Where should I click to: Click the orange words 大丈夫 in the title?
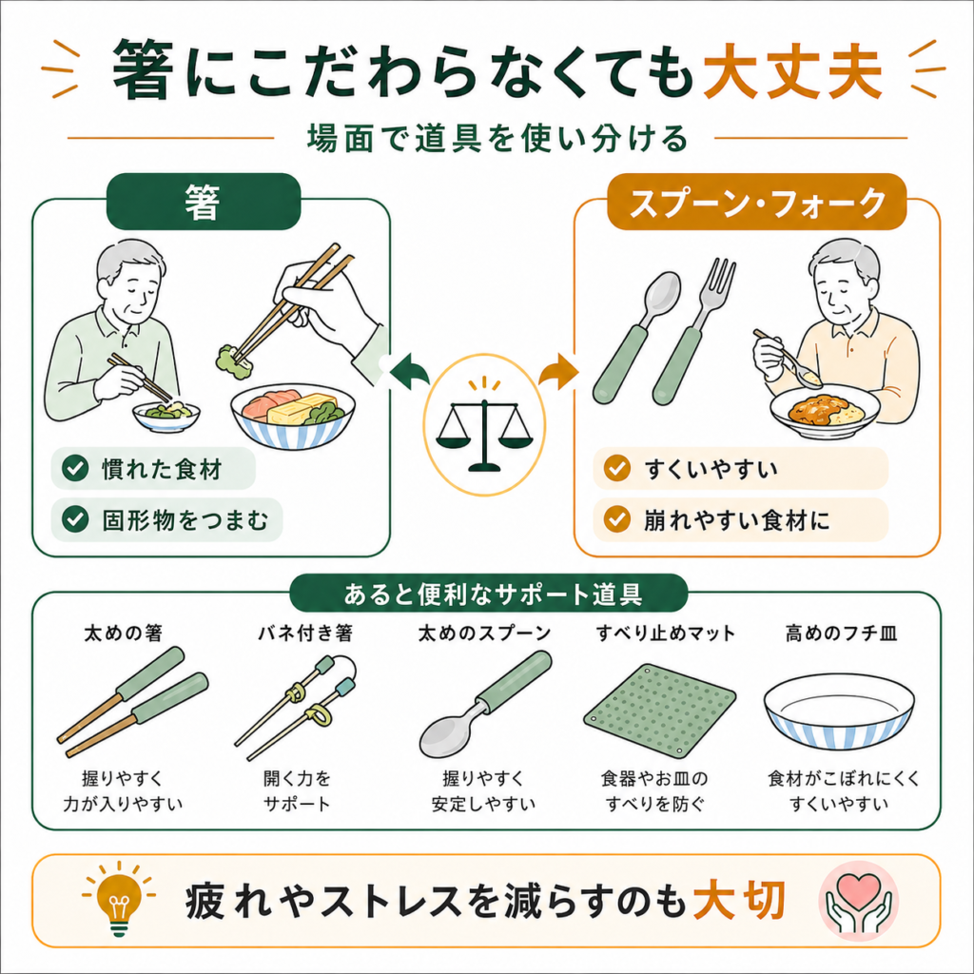point(792,70)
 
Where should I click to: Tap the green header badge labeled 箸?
point(204,202)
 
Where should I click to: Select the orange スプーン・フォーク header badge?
point(756,202)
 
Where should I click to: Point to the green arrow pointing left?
point(409,372)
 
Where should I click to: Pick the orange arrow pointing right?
point(558,372)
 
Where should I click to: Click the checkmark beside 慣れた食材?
point(76,468)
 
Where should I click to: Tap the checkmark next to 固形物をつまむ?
point(76,519)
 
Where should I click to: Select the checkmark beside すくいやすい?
point(617,468)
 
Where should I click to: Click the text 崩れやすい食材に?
point(737,520)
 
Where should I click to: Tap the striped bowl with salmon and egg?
point(293,415)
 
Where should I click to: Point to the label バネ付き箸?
point(305,633)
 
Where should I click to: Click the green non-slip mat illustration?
point(659,707)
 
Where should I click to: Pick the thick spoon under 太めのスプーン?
point(485,704)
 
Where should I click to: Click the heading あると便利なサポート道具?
point(492,594)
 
